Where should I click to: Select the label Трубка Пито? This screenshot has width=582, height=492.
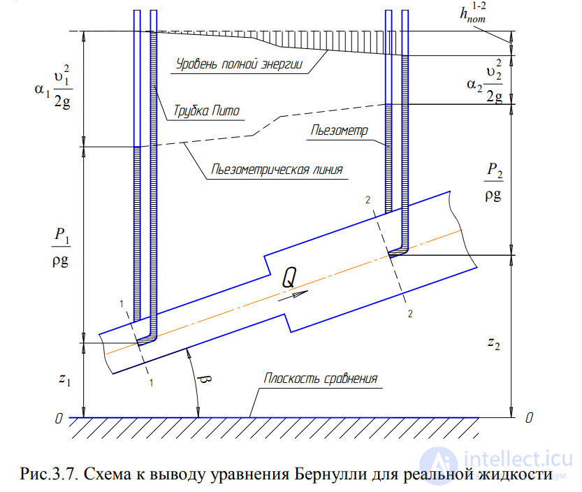207,112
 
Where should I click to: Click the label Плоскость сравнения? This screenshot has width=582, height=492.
321,379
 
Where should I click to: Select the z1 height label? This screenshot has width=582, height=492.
64,379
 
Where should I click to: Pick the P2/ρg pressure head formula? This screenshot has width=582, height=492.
493,182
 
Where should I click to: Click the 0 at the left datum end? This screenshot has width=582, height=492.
61,419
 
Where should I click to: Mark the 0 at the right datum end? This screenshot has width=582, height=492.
529,418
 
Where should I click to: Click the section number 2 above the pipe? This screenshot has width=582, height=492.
368,201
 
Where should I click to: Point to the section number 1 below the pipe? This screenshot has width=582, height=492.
152,382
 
